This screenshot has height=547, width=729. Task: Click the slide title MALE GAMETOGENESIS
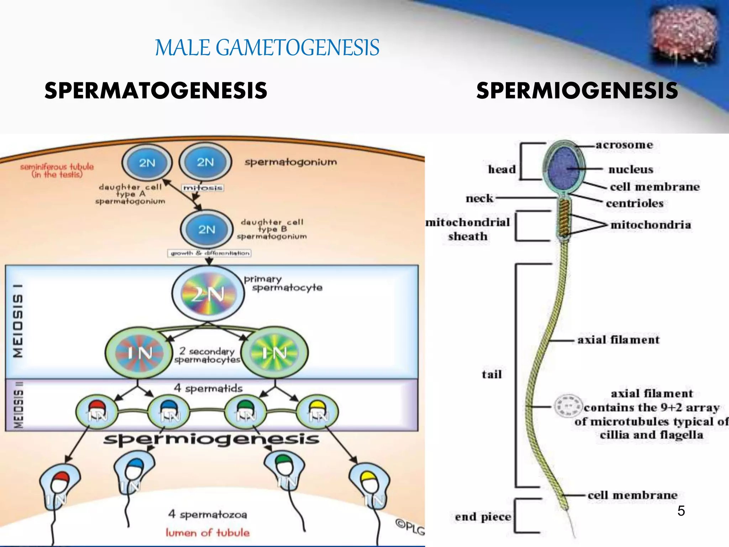pyautogui.click(x=267, y=48)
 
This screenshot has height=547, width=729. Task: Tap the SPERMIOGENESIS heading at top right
pyautogui.click(x=577, y=90)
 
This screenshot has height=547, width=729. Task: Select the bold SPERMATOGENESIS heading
pyautogui.click(x=156, y=90)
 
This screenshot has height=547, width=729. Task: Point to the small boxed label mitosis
pyautogui.click(x=203, y=188)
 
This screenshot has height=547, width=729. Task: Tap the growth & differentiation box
pyautogui.click(x=209, y=253)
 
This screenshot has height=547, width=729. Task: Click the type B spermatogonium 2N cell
pyautogui.click(x=207, y=229)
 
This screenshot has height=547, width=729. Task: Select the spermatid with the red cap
pyautogui.click(x=97, y=412)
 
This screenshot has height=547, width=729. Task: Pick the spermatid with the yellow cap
pyautogui.click(x=318, y=412)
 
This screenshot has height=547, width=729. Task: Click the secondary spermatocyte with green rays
pyautogui.click(x=274, y=353)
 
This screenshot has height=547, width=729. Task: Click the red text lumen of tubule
pyautogui.click(x=208, y=533)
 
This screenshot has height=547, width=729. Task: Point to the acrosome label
pyautogui.click(x=624, y=145)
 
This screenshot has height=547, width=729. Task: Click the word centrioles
pyautogui.click(x=635, y=203)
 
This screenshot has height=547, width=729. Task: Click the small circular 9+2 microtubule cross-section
pyautogui.click(x=568, y=406)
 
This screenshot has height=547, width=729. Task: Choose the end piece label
pyautogui.click(x=483, y=517)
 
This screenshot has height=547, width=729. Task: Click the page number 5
pyautogui.click(x=681, y=511)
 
